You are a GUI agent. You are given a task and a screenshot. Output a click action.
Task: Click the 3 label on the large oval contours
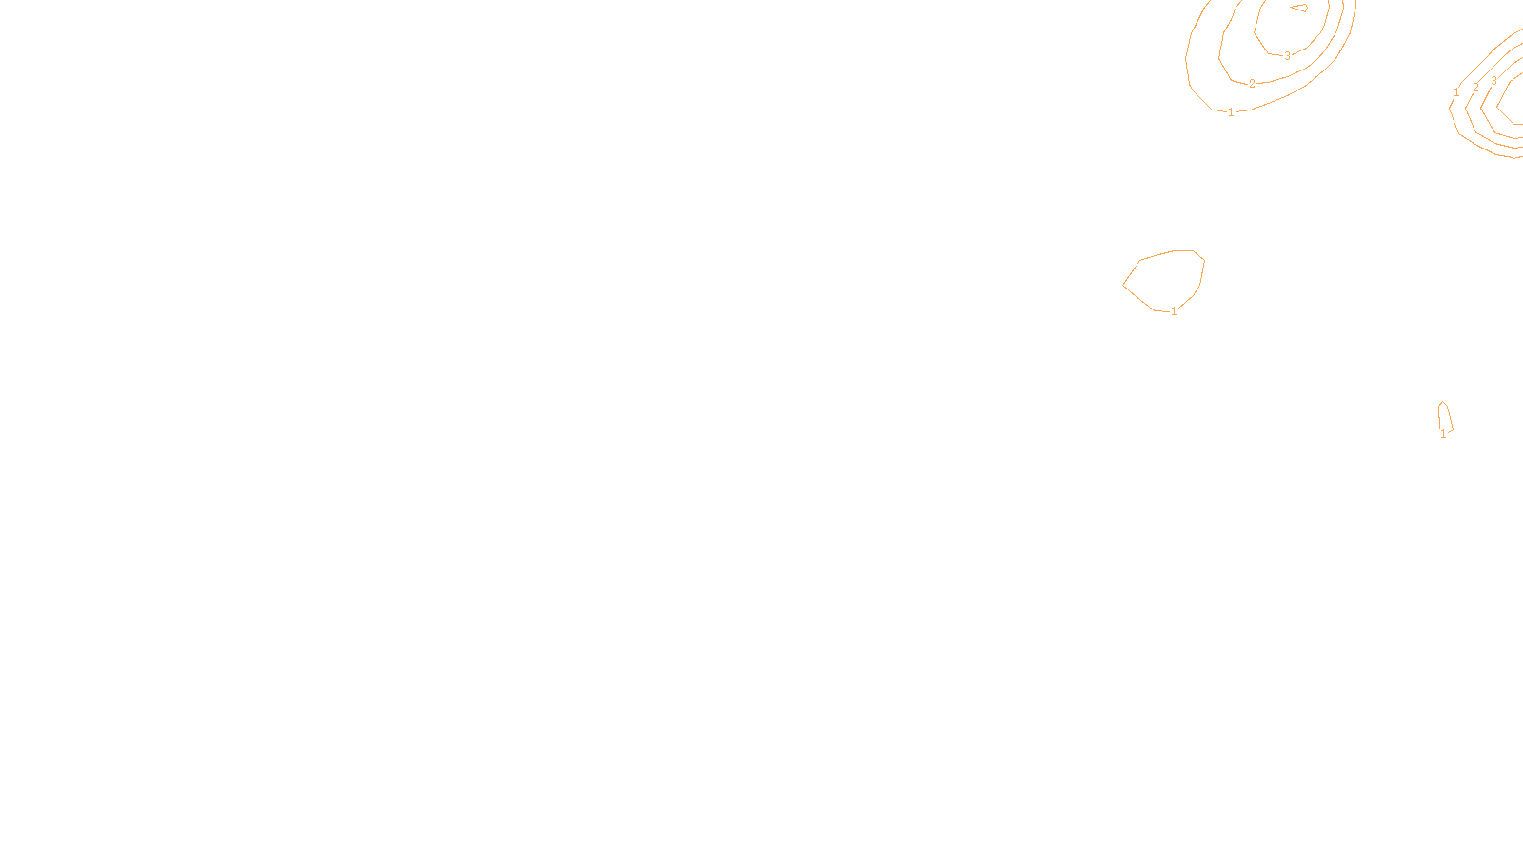click(x=1287, y=56)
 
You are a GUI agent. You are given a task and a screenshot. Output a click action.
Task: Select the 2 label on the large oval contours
click(x=1252, y=84)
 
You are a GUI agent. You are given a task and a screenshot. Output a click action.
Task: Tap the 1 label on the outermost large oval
click(x=1231, y=112)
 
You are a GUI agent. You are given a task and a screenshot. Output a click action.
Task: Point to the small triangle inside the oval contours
click(x=1299, y=8)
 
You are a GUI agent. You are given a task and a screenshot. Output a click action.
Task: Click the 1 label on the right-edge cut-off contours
click(x=1456, y=92)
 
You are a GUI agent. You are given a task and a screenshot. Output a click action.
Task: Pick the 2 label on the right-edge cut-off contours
click(x=1475, y=87)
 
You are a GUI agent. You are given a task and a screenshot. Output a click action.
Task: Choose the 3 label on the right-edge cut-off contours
click(x=1493, y=81)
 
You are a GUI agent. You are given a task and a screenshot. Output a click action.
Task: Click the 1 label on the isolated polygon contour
click(x=1174, y=311)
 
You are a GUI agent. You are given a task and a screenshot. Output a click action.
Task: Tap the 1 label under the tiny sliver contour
click(x=1443, y=434)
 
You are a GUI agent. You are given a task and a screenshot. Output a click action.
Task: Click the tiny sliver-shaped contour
click(x=1445, y=417)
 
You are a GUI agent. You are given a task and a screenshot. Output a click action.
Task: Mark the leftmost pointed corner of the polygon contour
click(x=1124, y=284)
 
